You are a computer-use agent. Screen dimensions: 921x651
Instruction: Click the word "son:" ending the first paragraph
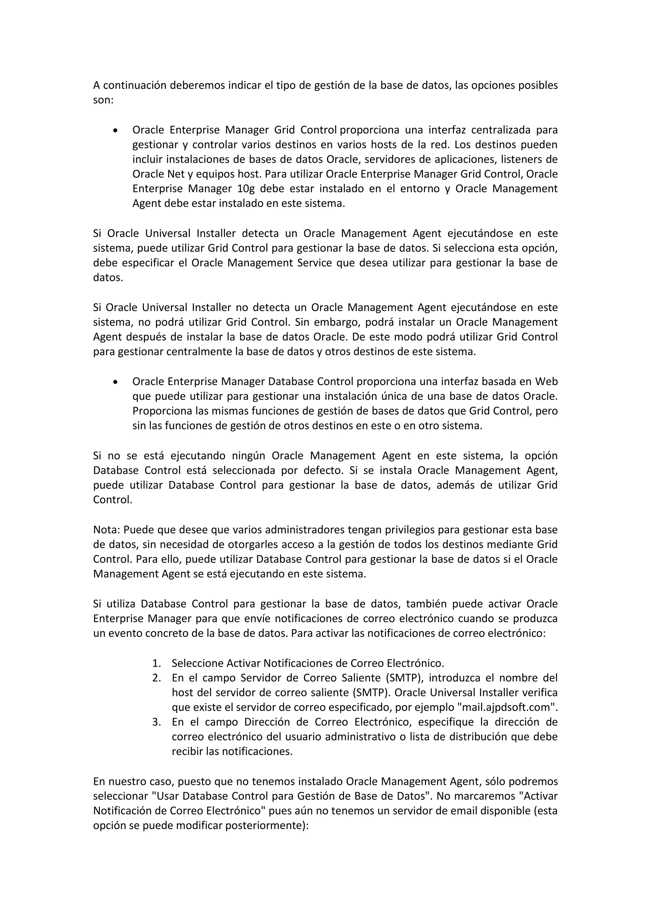[x=103, y=100]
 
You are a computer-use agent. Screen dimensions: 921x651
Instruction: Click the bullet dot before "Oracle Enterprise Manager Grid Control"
[x=115, y=130]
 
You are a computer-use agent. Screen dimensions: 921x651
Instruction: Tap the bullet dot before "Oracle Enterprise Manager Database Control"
[x=115, y=382]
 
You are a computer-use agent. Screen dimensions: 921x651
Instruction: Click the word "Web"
[x=546, y=381]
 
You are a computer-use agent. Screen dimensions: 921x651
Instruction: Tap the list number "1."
[x=157, y=663]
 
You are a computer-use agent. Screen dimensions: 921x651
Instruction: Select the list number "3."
[x=157, y=722]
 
